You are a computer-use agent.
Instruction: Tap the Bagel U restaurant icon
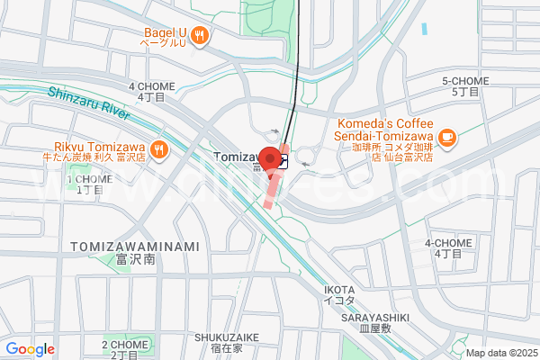200,37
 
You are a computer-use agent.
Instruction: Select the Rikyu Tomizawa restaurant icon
159,149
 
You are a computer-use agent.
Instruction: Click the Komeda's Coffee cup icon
447,137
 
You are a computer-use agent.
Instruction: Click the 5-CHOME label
465,85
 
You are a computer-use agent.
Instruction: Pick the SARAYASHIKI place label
375,322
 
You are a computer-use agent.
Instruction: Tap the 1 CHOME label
89,184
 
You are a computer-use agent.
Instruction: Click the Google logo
30,349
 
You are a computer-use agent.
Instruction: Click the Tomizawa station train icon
283,162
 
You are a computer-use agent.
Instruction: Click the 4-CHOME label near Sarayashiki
444,247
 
